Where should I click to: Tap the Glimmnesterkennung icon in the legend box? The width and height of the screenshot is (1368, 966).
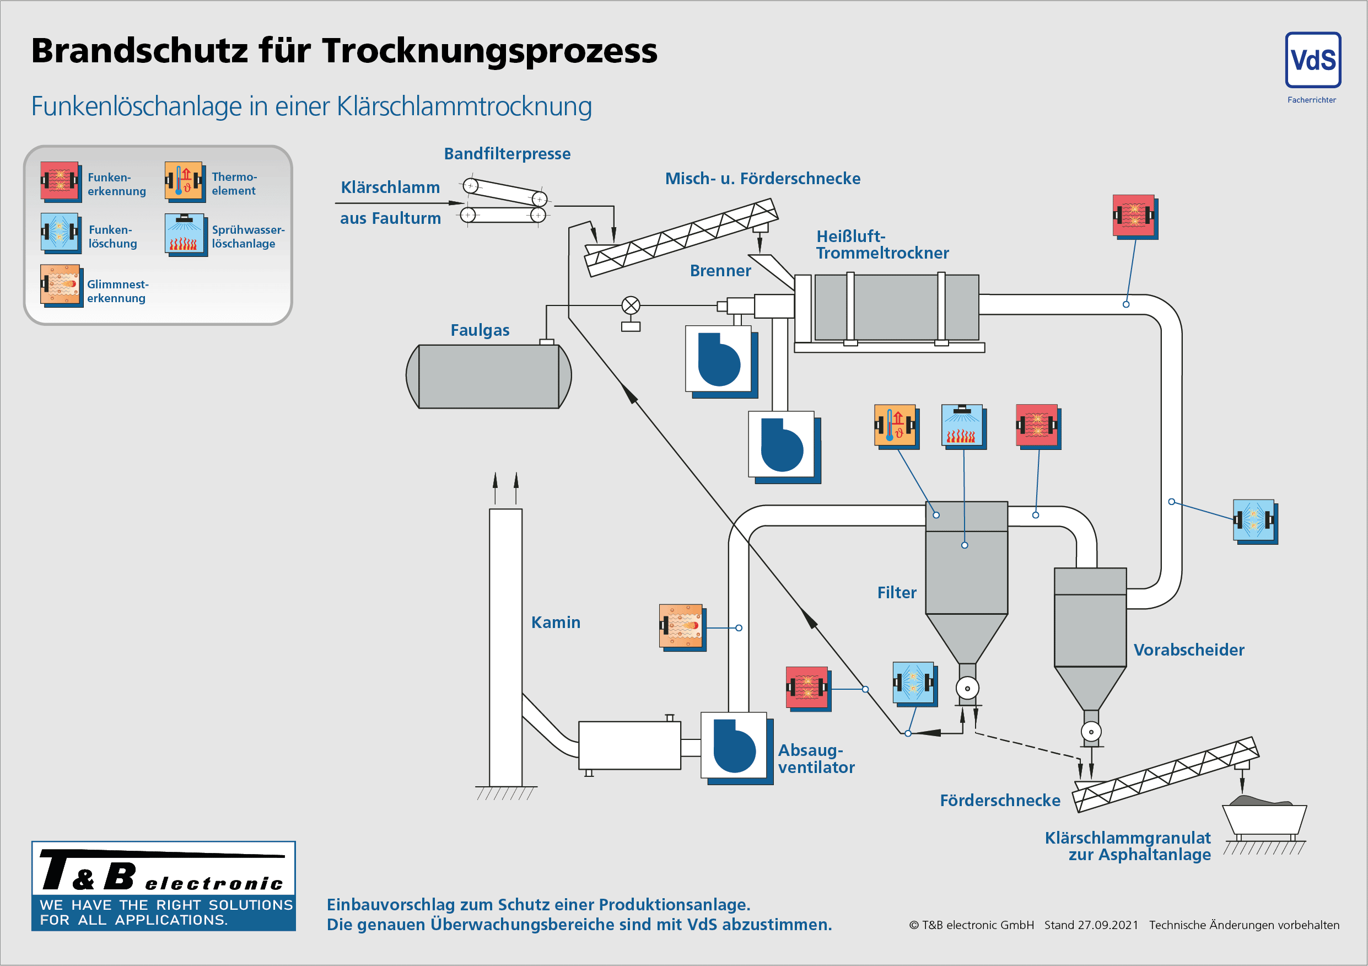click(x=61, y=285)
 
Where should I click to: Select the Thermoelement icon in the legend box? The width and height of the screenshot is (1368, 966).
click(x=185, y=180)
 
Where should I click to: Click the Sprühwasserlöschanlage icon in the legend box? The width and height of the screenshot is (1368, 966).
click(x=185, y=234)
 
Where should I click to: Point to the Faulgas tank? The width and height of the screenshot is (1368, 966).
click(x=488, y=376)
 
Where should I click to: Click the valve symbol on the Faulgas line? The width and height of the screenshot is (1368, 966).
click(x=631, y=305)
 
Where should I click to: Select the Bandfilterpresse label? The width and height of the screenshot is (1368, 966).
click(x=507, y=154)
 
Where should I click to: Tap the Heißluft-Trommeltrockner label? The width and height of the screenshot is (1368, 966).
click(x=882, y=244)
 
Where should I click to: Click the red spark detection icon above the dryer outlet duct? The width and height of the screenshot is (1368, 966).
click(x=1134, y=216)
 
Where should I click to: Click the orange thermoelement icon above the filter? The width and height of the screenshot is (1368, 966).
click(x=895, y=426)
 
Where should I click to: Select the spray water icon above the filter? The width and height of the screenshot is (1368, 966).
click(x=962, y=426)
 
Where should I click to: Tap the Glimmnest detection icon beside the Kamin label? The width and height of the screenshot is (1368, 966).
click(x=681, y=626)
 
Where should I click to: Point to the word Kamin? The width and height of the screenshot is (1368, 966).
click(x=556, y=622)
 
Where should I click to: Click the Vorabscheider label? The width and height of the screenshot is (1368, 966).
click(x=1188, y=650)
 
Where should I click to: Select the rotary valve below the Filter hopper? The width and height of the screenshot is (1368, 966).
click(x=967, y=688)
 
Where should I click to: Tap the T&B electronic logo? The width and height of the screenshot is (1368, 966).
click(x=163, y=885)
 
